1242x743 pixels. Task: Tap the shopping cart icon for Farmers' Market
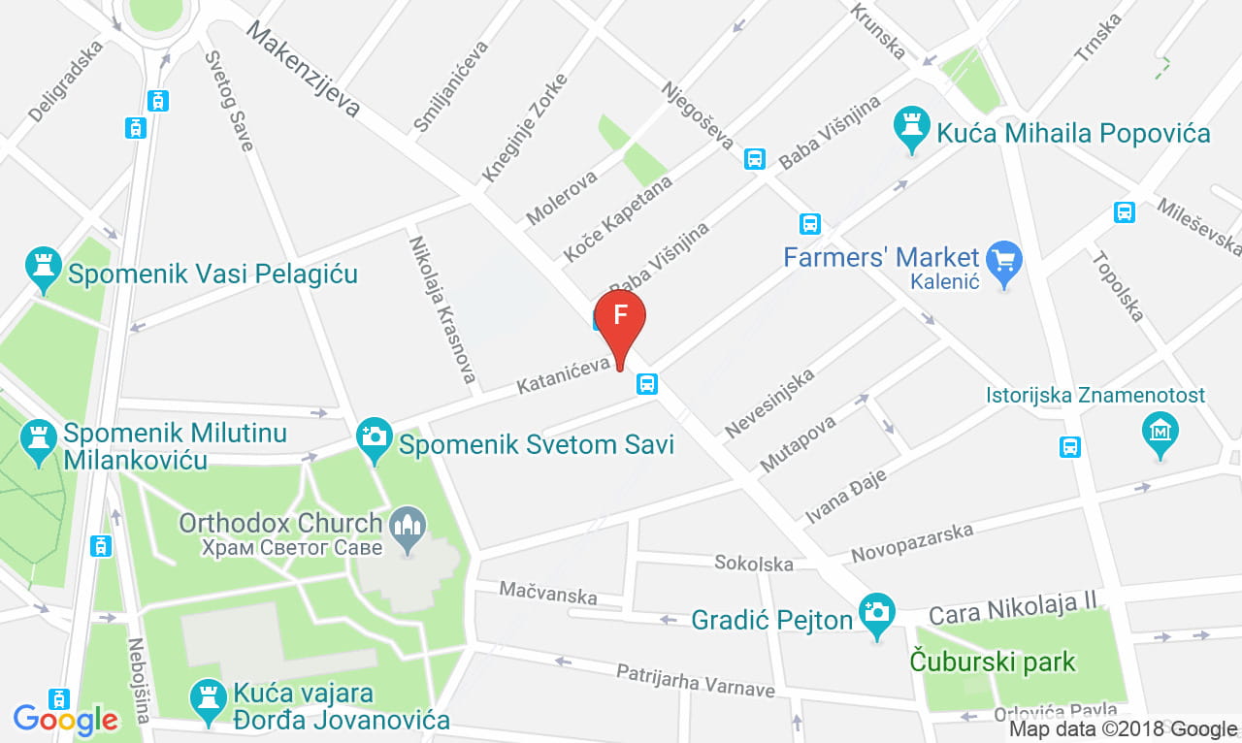[x=1004, y=261]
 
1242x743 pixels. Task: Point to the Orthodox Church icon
[x=407, y=528]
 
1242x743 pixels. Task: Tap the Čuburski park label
[x=993, y=662]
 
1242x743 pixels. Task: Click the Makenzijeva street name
[x=302, y=69]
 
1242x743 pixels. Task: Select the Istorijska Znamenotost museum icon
[x=1160, y=430]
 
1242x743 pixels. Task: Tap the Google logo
[x=65, y=719]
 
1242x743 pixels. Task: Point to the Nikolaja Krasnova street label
[x=441, y=308]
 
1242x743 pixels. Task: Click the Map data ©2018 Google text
[x=1123, y=728]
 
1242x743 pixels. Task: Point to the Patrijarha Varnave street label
[x=696, y=680]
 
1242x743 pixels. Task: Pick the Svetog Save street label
[x=229, y=101]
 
